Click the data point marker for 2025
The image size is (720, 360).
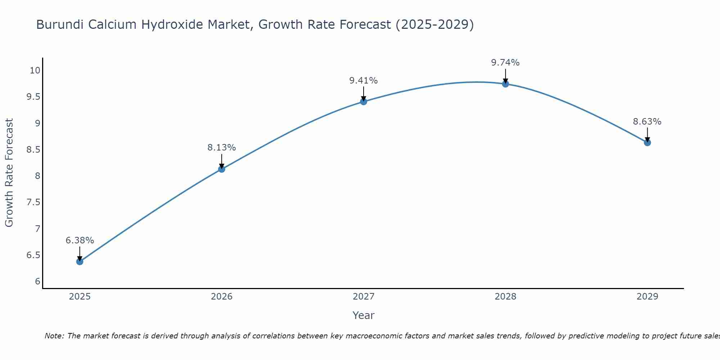coord(80,261)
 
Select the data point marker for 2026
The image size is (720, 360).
coord(222,169)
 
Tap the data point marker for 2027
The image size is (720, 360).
coord(364,102)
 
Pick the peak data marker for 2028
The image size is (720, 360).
coord(505,84)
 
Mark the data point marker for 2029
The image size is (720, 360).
coord(647,143)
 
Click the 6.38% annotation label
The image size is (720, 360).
coord(80,240)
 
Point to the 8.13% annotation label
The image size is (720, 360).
coord(222,148)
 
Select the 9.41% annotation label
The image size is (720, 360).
coord(364,81)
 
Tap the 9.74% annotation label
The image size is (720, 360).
coord(505,63)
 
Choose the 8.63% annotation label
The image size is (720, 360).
coord(647,122)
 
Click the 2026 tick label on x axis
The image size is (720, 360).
coord(222,297)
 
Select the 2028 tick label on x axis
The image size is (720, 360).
coord(505,297)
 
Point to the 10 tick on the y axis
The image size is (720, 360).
coord(35,70)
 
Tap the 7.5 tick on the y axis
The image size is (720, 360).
coord(33,202)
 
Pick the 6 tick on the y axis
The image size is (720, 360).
coord(37,282)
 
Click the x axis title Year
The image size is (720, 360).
coord(364,315)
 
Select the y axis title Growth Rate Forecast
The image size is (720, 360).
coord(9,173)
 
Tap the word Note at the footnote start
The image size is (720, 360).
coord(54,336)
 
